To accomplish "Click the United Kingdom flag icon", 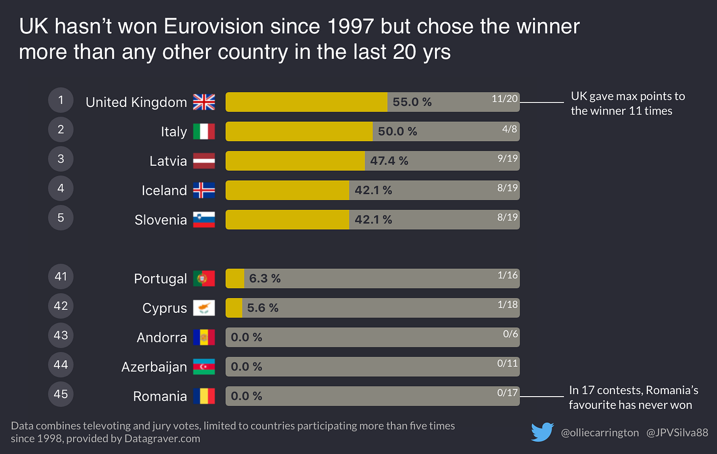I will pos(204,102).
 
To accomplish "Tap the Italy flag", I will pos(204,132).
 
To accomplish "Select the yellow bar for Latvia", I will pos(295,161).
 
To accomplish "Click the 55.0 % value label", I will pos(412,102).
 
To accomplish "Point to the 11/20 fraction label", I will pos(504,99).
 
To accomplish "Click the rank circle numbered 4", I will pos(61,188).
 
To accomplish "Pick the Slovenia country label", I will pos(160,220).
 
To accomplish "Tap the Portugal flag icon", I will pos(204,278).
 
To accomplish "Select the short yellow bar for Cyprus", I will pos(234,308).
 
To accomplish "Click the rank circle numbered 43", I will pos(61,335).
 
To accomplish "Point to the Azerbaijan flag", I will pos(204,367).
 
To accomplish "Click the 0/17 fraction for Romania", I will pos(508,393).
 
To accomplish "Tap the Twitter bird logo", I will pos(542,432).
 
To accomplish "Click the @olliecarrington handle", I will pos(600,433).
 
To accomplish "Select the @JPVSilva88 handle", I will pos(677,433).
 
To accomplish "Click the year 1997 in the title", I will pos(344,27).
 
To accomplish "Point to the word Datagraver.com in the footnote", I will pos(162,439).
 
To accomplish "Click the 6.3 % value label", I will pos(265,279).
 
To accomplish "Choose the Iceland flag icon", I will pos(204,190).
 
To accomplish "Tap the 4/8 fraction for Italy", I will pos(509,129).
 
